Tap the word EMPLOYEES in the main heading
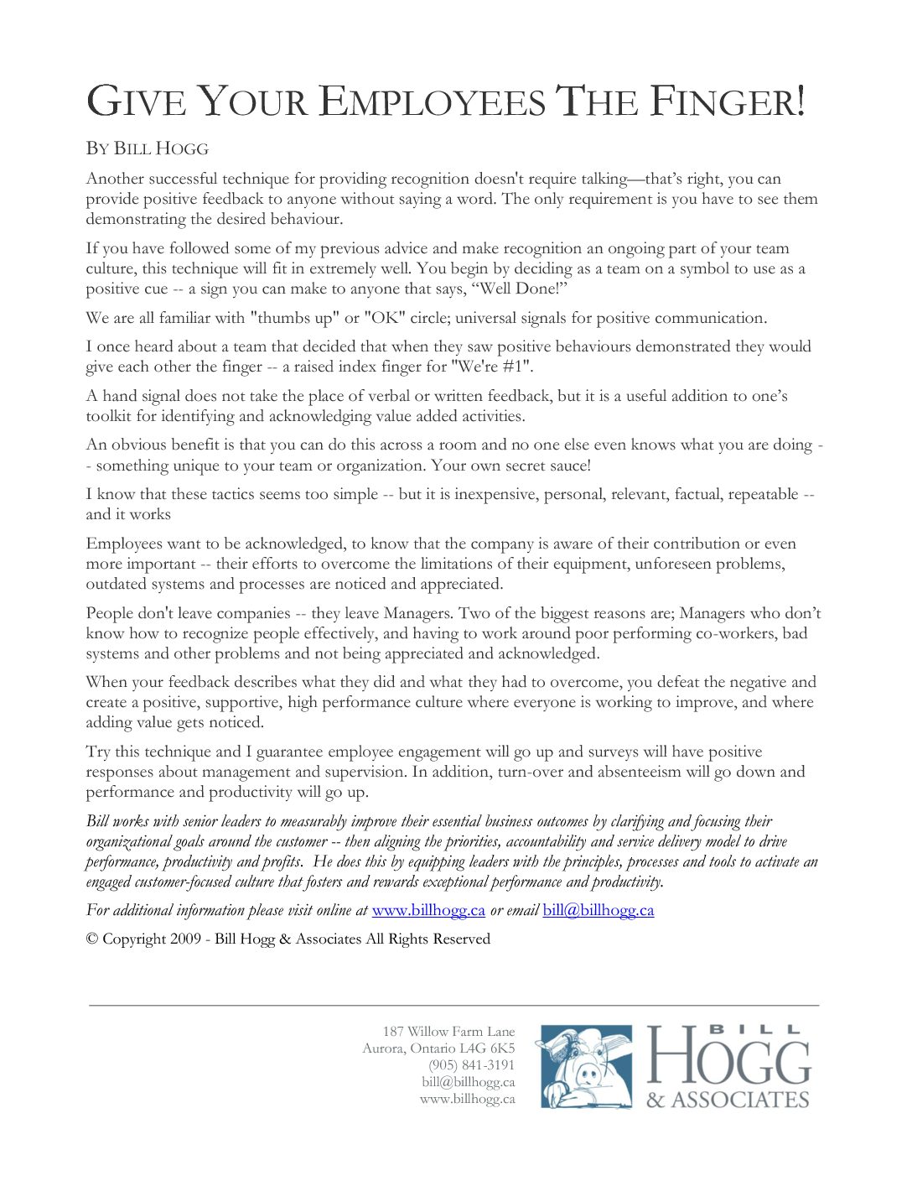coord(433,102)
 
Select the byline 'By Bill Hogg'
coord(147,149)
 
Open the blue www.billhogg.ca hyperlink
coord(428,910)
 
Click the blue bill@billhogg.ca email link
coord(598,910)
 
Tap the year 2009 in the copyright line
coord(185,939)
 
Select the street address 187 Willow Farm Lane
coord(448,1032)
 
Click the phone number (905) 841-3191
coord(471,1065)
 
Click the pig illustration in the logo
coord(586,1067)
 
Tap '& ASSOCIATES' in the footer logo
coord(728,1099)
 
